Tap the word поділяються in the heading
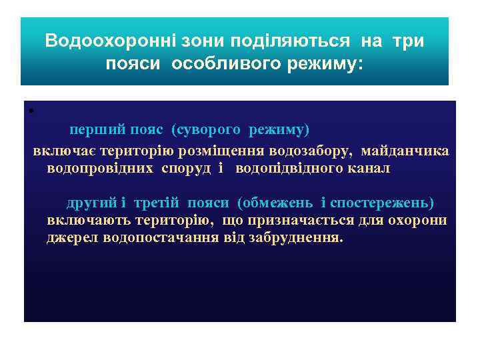point(290,41)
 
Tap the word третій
point(157,202)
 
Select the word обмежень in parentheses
point(273,202)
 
